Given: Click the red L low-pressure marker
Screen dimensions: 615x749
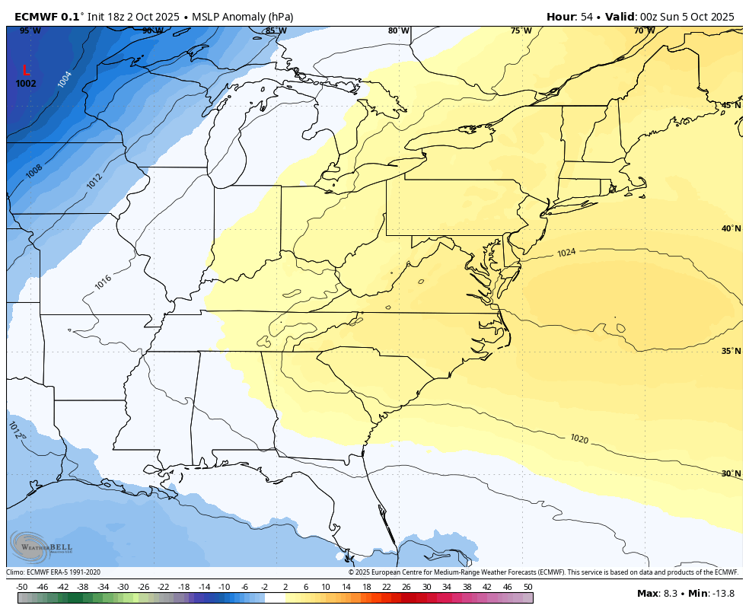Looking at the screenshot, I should tap(27, 70).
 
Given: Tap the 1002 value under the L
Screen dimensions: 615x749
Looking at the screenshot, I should tap(26, 84).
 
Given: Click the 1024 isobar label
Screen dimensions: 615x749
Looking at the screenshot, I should tap(566, 253).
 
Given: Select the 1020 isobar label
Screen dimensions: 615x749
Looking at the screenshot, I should tap(579, 438).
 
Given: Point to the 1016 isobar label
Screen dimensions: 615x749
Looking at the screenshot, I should tap(104, 281).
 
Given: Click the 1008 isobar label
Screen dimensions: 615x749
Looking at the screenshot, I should tap(34, 171).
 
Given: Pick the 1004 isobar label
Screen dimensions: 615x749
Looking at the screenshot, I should tap(65, 78).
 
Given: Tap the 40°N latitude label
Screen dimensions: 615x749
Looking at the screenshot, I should tap(731, 228).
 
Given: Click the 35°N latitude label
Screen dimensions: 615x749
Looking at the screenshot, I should tap(731, 351).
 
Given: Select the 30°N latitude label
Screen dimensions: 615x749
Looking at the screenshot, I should tap(731, 473).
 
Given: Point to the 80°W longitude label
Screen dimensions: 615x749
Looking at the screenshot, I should tap(398, 30).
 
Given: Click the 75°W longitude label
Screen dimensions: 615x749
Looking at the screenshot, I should tap(521, 30).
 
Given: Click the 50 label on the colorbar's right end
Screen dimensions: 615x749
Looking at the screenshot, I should tap(527, 587).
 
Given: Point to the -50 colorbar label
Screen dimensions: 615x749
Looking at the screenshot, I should tap(22, 587).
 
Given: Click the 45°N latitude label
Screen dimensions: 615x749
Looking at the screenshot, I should tap(731, 105).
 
